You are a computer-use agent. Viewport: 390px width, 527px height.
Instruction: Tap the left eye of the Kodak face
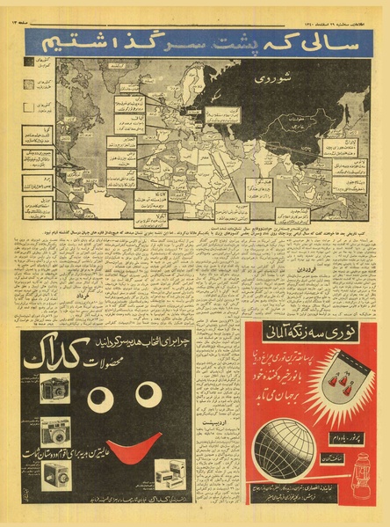pyautogui.click(x=101, y=399)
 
